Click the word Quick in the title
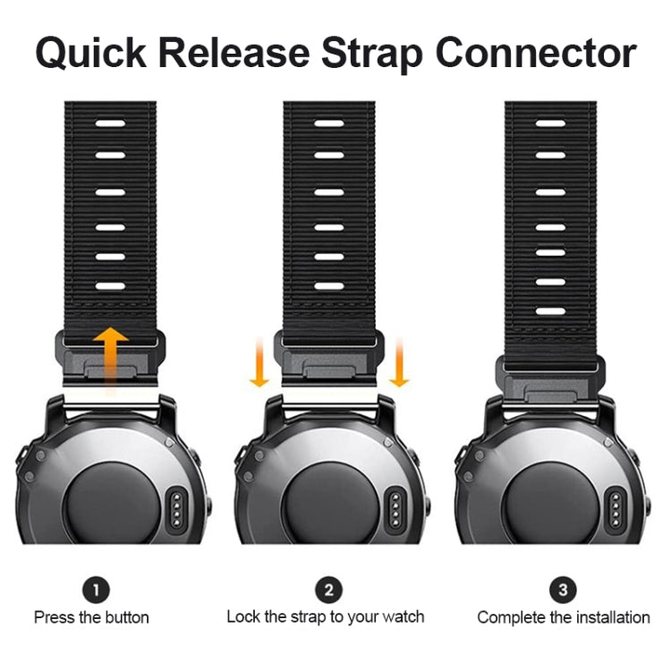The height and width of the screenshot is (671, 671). point(91,54)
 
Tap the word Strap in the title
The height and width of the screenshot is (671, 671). point(372,54)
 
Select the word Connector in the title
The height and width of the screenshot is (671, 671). point(536,53)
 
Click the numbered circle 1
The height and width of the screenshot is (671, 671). point(96,590)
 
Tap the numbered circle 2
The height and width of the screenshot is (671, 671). point(328,590)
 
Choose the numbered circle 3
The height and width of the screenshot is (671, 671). point(563,590)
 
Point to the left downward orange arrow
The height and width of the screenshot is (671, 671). point(259,362)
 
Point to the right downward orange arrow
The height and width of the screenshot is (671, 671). point(399,362)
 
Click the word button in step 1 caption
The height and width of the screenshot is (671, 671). point(127,617)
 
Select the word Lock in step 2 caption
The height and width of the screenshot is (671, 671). point(243,616)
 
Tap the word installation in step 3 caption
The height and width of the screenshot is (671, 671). point(613,617)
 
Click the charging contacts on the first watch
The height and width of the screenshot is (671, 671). point(176,510)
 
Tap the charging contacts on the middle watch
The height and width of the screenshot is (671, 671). point(395,510)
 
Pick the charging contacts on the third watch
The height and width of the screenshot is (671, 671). point(616,510)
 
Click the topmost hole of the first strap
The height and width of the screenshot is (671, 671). point(110,123)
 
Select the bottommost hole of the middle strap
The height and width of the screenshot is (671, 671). point(329,286)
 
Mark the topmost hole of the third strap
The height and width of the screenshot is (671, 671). point(551,123)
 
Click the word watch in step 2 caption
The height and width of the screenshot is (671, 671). point(403,616)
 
